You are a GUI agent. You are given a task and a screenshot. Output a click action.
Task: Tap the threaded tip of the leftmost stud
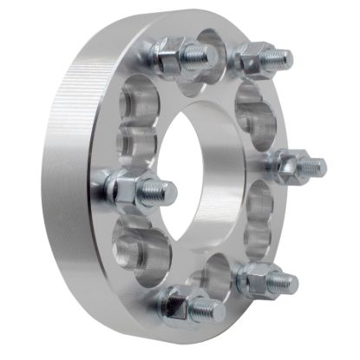[162, 190]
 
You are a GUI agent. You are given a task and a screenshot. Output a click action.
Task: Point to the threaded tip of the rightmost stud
[316, 167]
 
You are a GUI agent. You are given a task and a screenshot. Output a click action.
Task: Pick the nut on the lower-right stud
[256, 278]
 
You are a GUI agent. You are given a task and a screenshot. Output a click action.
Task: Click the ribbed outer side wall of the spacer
[74, 173]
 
